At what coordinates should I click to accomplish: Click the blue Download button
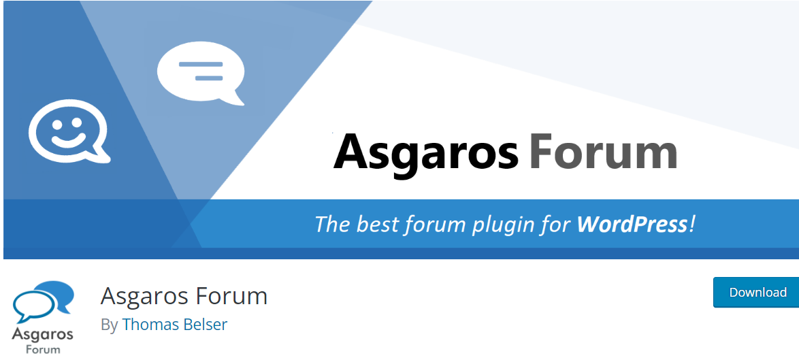[x=756, y=292]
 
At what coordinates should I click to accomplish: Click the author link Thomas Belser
[x=175, y=325]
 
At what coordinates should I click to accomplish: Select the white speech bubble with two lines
[x=201, y=73]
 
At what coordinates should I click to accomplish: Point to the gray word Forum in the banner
[x=603, y=150]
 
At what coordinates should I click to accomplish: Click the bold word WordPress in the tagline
[x=632, y=224]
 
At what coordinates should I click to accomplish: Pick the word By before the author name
[x=109, y=325]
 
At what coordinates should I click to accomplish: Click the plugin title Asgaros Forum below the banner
[x=184, y=296]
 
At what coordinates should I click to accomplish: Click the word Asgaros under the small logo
[x=42, y=336]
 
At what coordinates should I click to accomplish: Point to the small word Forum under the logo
[x=43, y=350]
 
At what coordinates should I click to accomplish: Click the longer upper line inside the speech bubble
[x=201, y=65]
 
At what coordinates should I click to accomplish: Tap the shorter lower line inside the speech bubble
[x=209, y=78]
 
